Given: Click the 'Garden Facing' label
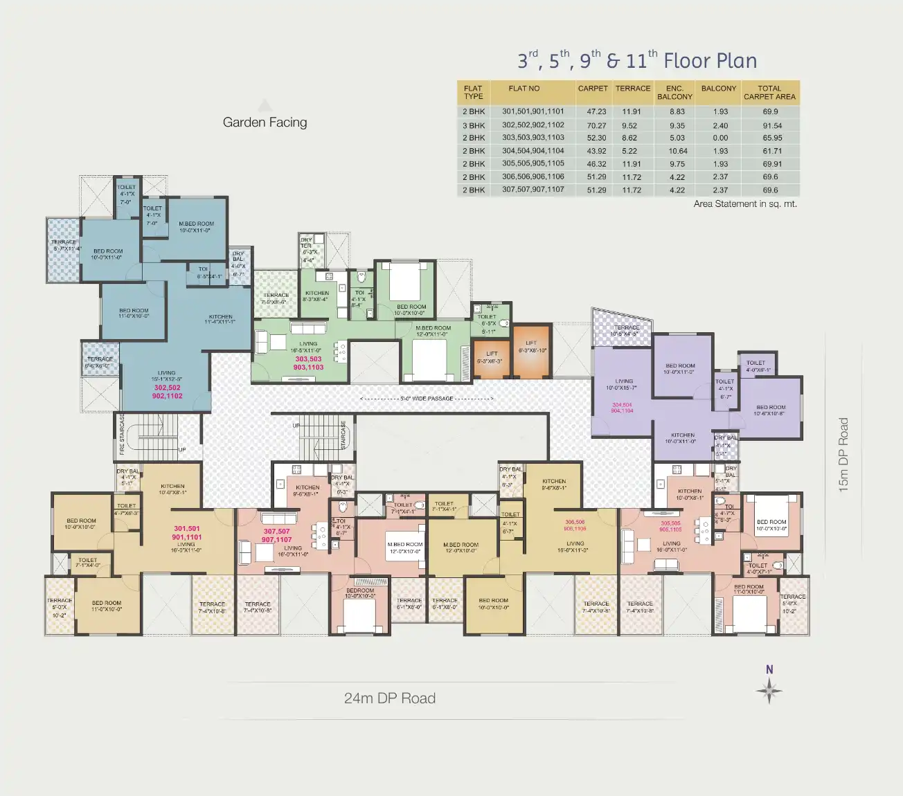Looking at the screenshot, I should [x=265, y=123].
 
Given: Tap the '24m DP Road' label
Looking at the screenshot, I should [x=389, y=698].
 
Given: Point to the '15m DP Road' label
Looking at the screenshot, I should [x=843, y=455].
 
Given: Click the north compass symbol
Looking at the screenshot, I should [x=769, y=689].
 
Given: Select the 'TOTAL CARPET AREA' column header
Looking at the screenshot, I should [x=769, y=93].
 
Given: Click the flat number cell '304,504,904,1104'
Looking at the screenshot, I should [x=533, y=151].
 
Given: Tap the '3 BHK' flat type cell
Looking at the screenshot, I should [x=474, y=125].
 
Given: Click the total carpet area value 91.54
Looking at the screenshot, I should [x=772, y=125].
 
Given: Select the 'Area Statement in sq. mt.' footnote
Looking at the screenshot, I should [x=745, y=204].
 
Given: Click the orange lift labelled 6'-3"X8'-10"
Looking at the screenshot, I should [x=532, y=350].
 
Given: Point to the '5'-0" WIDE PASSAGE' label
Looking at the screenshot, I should [x=427, y=399].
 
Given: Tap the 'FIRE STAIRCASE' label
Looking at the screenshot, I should [x=123, y=430].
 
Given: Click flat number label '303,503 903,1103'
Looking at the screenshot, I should [x=308, y=363].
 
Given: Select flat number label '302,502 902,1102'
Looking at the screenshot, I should [x=168, y=392].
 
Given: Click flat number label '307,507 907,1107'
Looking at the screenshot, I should [x=277, y=536].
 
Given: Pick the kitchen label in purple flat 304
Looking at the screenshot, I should [x=682, y=438].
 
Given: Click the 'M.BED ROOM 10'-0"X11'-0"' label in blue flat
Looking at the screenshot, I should [x=197, y=227].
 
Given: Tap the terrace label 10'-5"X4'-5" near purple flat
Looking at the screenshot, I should [x=626, y=330].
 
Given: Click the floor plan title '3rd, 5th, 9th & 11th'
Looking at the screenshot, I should [x=636, y=61].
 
